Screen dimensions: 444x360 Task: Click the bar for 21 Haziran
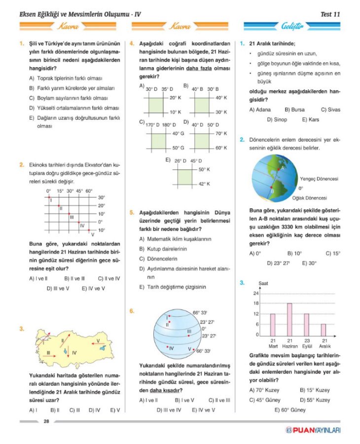[x=289, y=319]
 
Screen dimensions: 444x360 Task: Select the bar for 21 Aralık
[x=324, y=330]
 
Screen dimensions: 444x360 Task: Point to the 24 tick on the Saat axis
[x=255, y=294]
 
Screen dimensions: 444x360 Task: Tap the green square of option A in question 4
[x=156, y=105]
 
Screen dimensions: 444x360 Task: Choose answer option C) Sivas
[x=330, y=110]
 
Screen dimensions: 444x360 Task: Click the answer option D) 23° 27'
[x=278, y=263]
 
